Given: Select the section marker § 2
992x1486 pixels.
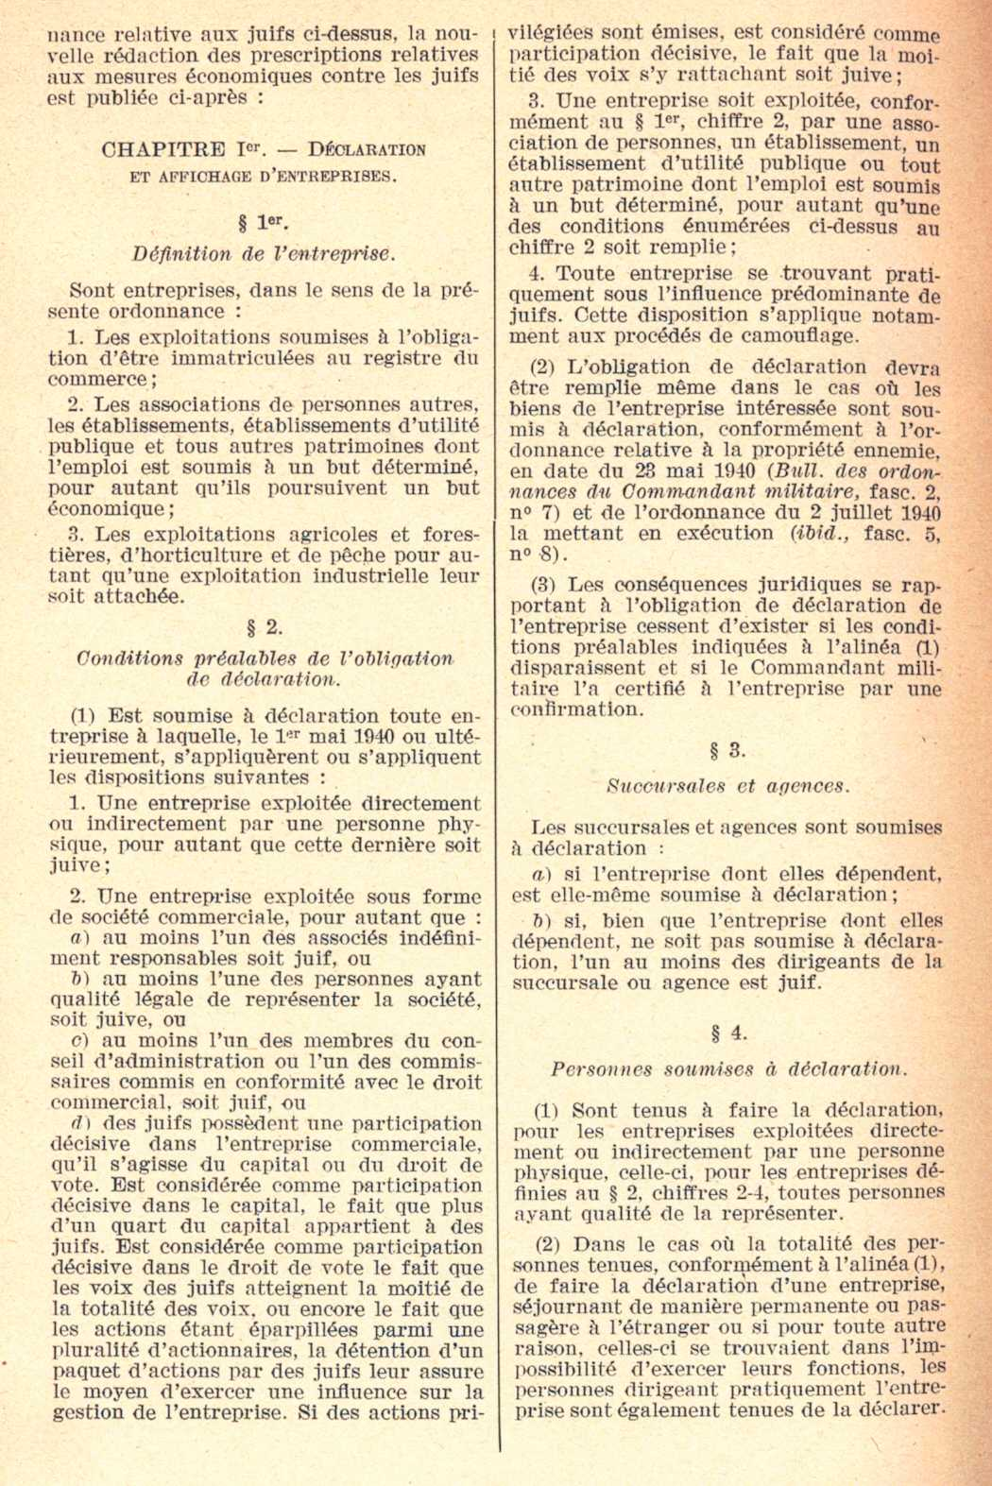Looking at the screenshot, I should (x=264, y=626).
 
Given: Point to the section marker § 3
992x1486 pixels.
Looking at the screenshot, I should (x=728, y=751).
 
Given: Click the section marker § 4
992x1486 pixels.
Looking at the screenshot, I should (x=728, y=1033).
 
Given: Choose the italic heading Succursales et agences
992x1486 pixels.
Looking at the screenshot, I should (x=728, y=786).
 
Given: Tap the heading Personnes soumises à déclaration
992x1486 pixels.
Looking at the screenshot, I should (x=728, y=1069).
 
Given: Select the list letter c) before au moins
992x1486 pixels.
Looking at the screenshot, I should (x=81, y=1041).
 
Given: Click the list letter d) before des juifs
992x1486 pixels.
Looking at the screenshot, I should (x=81, y=1123).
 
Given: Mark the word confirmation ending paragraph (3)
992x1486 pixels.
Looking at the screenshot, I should (x=576, y=709).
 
